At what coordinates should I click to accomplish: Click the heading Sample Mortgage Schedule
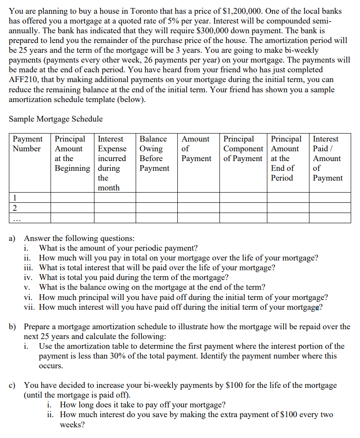click(x=55, y=119)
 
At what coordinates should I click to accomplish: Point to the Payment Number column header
click(x=27, y=144)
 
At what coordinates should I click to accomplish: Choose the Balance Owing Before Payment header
click(x=154, y=154)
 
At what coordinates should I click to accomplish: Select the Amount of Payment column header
click(x=196, y=149)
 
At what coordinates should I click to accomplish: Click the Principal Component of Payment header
click(x=243, y=149)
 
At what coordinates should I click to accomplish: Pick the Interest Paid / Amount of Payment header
click(x=327, y=158)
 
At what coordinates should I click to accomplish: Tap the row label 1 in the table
click(x=16, y=198)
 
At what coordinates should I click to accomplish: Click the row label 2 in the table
click(x=16, y=208)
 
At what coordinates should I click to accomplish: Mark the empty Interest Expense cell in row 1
click(x=115, y=198)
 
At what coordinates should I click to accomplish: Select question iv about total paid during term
click(x=133, y=278)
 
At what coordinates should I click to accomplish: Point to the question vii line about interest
click(x=180, y=307)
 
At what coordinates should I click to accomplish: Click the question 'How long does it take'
click(x=142, y=405)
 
